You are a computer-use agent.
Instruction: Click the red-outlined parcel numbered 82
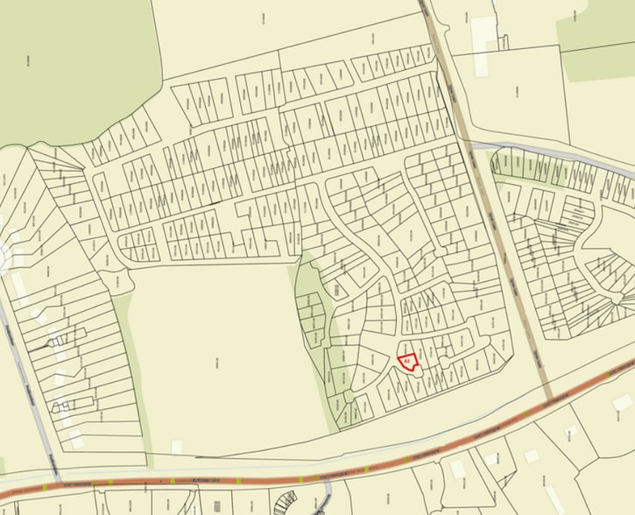[x=407, y=360]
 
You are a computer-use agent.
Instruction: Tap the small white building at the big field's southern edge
[x=177, y=447]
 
